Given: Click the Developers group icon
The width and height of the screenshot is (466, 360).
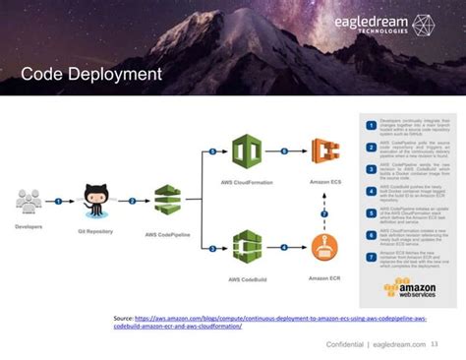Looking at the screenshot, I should pos(29,200).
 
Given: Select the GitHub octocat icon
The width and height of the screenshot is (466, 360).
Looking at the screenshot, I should pos(95,196).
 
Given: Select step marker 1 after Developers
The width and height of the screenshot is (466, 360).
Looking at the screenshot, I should pos(59,200).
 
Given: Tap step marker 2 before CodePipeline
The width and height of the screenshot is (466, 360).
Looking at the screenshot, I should pos(131,200).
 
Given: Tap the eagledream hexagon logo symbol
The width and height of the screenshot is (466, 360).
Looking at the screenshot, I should pos(424,26).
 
